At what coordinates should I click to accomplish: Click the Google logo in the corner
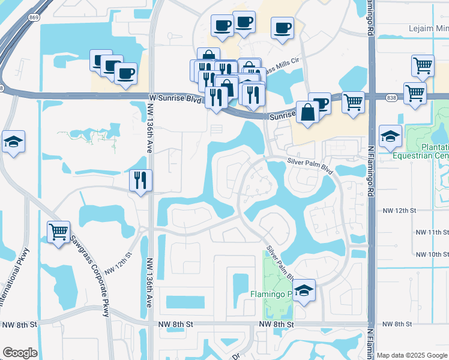[x=20, y=353]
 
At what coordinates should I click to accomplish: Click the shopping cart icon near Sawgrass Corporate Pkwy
[x=58, y=232]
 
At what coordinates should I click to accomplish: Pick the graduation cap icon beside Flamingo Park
[x=304, y=291]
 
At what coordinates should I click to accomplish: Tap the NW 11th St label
[x=432, y=232]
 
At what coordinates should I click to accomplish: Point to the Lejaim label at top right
[x=428, y=28]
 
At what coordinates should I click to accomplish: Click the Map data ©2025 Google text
[x=412, y=355]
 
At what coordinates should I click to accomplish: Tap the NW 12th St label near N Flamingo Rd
[x=399, y=211]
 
